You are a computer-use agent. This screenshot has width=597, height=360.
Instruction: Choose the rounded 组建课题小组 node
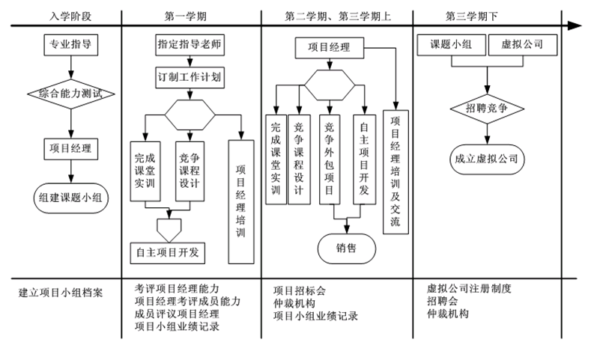70,198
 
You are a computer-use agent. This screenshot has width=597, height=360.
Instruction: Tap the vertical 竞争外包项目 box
330,159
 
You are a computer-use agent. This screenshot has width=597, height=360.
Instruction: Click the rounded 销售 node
345,248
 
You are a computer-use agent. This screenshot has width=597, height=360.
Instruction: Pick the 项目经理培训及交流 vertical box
396,172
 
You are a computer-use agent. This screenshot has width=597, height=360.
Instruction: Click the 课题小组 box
451,46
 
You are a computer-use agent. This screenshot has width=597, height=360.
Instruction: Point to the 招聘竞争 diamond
488,109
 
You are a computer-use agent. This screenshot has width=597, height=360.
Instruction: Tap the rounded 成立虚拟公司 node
488,158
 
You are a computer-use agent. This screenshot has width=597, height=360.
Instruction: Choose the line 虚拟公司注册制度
469,288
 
